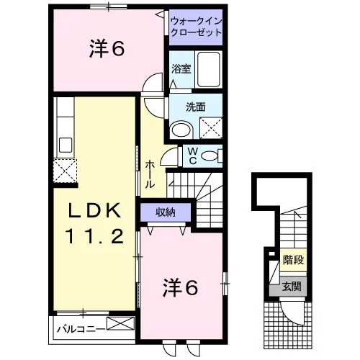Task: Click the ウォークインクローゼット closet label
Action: (x=196, y=27)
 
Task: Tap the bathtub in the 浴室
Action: (x=208, y=69)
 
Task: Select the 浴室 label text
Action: (x=181, y=69)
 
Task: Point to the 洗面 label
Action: (x=196, y=107)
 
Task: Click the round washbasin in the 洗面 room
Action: (x=181, y=130)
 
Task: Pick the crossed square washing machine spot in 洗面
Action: (x=211, y=128)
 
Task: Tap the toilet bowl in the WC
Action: (x=210, y=156)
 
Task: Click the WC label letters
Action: (x=193, y=156)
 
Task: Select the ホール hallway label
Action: (x=149, y=174)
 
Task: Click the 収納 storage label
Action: (x=166, y=212)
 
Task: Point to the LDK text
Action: (x=94, y=211)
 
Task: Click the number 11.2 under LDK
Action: (x=94, y=235)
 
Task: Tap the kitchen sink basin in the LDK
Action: (x=66, y=145)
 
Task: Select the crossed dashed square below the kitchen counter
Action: (x=65, y=171)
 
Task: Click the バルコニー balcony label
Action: (x=81, y=328)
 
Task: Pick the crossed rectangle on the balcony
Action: (x=121, y=323)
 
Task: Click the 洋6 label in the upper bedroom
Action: (x=107, y=49)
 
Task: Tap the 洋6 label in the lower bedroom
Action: (x=181, y=288)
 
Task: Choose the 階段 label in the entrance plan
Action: (x=293, y=260)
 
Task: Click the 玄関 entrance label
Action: (x=292, y=287)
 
